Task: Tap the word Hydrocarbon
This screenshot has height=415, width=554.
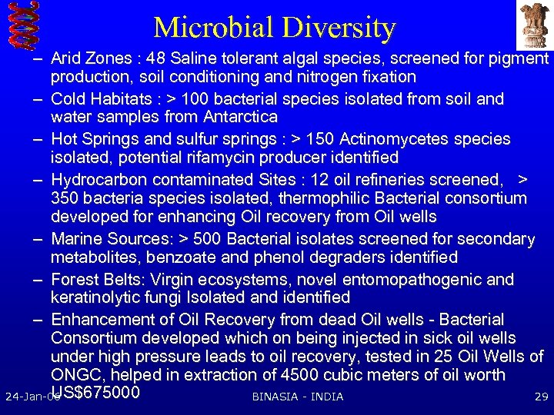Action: (98, 180)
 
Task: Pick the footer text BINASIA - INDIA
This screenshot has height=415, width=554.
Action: (298, 397)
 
